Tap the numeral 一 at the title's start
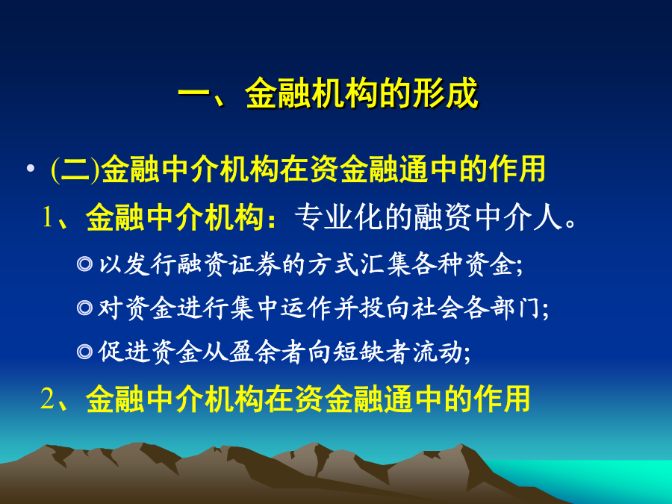pos(194,93)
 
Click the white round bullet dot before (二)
pos(30,168)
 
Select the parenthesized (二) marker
pos(75,169)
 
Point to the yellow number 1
pos(47,217)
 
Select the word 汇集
pos(386,264)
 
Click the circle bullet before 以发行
pos(84,264)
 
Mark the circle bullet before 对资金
pos(84,308)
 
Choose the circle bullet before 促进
pos(84,352)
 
